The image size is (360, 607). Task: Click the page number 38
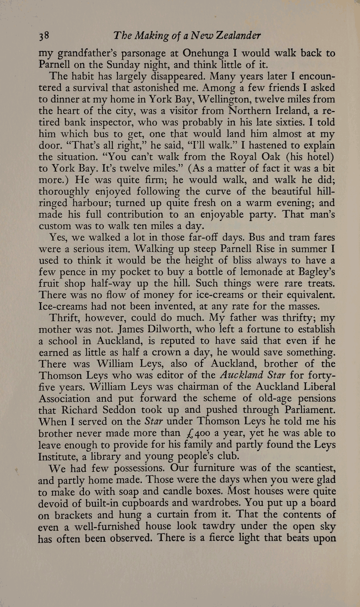(x=43, y=36)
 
